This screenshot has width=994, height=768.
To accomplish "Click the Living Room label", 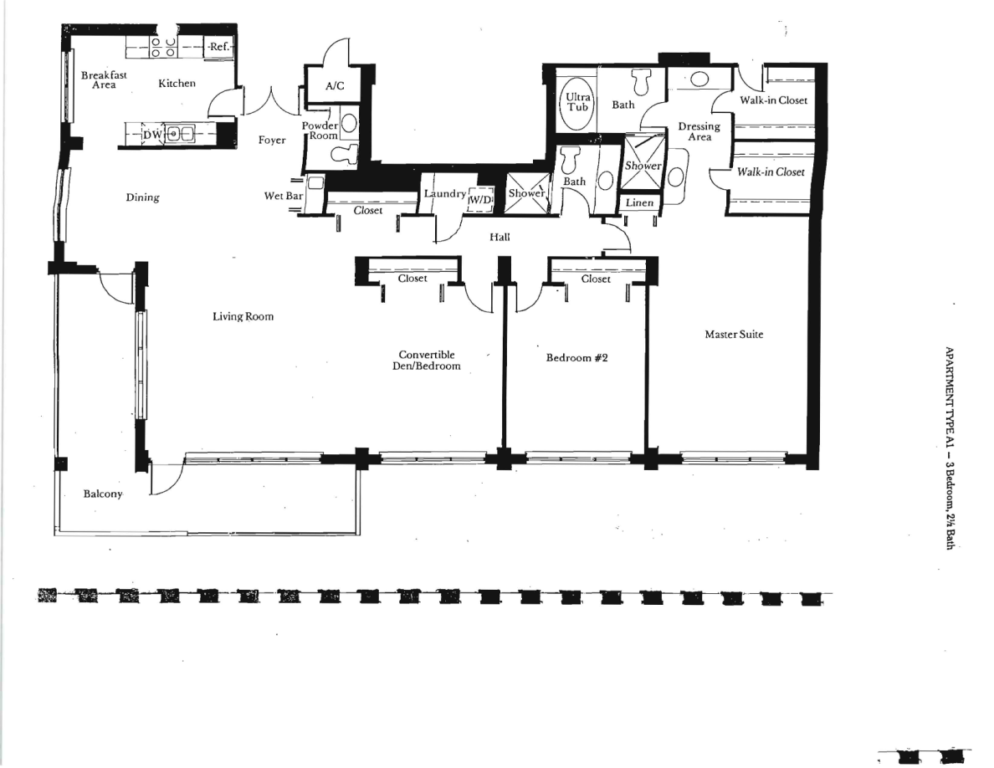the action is coord(243,316).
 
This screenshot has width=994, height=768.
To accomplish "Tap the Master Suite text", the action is coord(734,334).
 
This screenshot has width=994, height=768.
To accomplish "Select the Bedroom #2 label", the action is coord(576,357).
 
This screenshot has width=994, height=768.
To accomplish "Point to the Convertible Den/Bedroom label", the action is coord(426,360).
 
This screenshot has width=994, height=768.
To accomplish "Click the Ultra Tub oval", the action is coord(577,103).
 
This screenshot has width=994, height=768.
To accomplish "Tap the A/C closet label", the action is coord(335,85).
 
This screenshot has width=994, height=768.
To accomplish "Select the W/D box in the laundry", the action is coord(480,200).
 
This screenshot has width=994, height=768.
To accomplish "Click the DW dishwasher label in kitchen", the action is coord(152,135).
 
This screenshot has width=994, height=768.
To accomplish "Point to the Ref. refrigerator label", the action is coord(219,46).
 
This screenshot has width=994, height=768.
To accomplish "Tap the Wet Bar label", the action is coord(284,196).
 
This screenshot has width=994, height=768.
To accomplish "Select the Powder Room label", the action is coord(320,131).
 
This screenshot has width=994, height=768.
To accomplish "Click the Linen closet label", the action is coord(639,202).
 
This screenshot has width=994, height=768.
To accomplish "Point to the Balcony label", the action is coord(103,494).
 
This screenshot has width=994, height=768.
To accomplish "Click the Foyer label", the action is coord(272,140).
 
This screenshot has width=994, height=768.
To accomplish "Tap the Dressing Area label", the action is coord(699,131).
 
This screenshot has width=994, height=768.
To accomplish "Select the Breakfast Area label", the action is coord(104,79).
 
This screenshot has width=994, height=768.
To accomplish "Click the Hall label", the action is coord(500,237).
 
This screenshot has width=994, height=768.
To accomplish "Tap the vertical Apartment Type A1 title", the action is coord(950,448).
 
